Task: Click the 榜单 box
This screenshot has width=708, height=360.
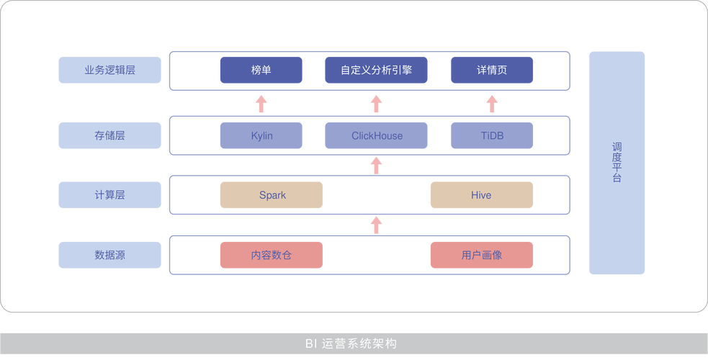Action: pyautogui.click(x=261, y=70)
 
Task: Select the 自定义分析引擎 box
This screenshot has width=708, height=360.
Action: pyautogui.click(x=376, y=70)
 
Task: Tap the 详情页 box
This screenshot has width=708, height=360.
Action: pyautogui.click(x=492, y=70)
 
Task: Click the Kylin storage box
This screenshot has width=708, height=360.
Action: pyautogui.click(x=261, y=135)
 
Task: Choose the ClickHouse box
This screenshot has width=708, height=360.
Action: pyautogui.click(x=376, y=135)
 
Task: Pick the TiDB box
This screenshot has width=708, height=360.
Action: pyautogui.click(x=492, y=135)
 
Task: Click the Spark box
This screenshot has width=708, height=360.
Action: pyautogui.click(x=272, y=195)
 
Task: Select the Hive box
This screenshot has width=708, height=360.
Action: pyautogui.click(x=481, y=195)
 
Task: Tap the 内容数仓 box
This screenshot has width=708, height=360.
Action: pyautogui.click(x=272, y=255)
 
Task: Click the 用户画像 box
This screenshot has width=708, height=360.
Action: pyautogui.click(x=481, y=255)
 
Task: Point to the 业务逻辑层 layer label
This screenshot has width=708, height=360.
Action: pyautogui.click(x=109, y=70)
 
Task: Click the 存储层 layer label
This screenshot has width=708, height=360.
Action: pyautogui.click(x=109, y=135)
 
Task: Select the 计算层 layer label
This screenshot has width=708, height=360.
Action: pyautogui.click(x=109, y=195)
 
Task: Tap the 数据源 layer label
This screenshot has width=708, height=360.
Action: pyautogui.click(x=109, y=255)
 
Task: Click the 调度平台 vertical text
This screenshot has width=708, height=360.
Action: pyautogui.click(x=617, y=163)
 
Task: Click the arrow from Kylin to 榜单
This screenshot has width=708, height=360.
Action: pyautogui.click(x=261, y=104)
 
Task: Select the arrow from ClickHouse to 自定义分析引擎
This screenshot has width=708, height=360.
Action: pyautogui.click(x=376, y=104)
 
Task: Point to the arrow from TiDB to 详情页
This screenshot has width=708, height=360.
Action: pyautogui.click(x=492, y=104)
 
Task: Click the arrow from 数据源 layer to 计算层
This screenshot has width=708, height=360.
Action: pyautogui.click(x=376, y=224)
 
